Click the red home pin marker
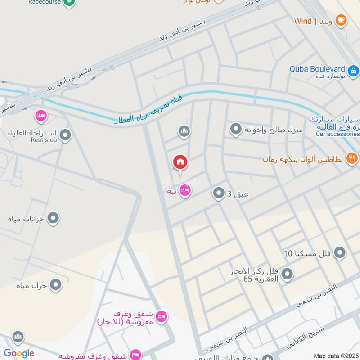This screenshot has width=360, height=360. (x=180, y=162)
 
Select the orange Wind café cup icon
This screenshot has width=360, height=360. (x=341, y=20)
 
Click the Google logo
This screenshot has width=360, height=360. (x=19, y=353)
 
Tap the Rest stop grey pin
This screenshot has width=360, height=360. (x=66, y=135)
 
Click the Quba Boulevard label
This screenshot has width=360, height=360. (x=318, y=69)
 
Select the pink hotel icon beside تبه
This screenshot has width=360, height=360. (x=184, y=191)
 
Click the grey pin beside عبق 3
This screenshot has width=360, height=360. (x=219, y=193)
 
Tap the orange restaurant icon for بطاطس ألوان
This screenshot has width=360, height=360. (x=352, y=158)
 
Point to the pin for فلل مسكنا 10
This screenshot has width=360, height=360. (x=340, y=252)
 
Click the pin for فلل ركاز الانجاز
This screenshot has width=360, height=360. (x=287, y=273)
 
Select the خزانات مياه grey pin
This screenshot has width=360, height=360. (x=54, y=218)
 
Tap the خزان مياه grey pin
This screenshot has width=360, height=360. (x=55, y=284)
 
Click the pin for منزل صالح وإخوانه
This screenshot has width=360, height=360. (x=236, y=130)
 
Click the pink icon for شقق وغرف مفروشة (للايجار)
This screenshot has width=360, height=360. (x=162, y=317)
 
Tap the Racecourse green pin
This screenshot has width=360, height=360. (x=68, y=3)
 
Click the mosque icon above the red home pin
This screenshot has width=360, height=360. (x=184, y=131)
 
